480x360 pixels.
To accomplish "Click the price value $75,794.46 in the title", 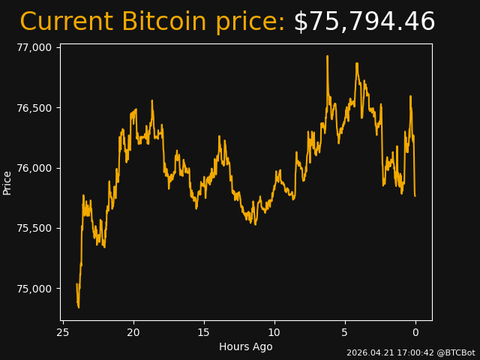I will coord(364,22).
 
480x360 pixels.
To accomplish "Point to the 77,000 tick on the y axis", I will coord(34,47).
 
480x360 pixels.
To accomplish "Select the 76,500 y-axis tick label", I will coord(34,108).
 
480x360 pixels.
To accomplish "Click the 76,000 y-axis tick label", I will coord(34,168).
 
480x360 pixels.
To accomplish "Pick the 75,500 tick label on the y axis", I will coord(34,229).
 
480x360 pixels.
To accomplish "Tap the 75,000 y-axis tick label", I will coord(34,289).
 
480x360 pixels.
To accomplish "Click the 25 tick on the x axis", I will coord(63,332).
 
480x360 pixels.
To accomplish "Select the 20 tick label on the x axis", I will coord(133,332).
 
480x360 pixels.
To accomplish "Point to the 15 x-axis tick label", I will coord(204,332).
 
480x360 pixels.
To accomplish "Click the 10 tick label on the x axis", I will coord(274,332).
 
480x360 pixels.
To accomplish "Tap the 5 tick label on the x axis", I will coord(345,332).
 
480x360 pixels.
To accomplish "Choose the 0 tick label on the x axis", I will coord(415,332).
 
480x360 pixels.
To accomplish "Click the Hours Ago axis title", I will coord(245,346).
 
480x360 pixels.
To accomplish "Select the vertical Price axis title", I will coord(7,182).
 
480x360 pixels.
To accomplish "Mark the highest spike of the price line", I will coord(327,56).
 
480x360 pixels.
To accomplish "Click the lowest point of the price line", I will coord(78,307).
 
